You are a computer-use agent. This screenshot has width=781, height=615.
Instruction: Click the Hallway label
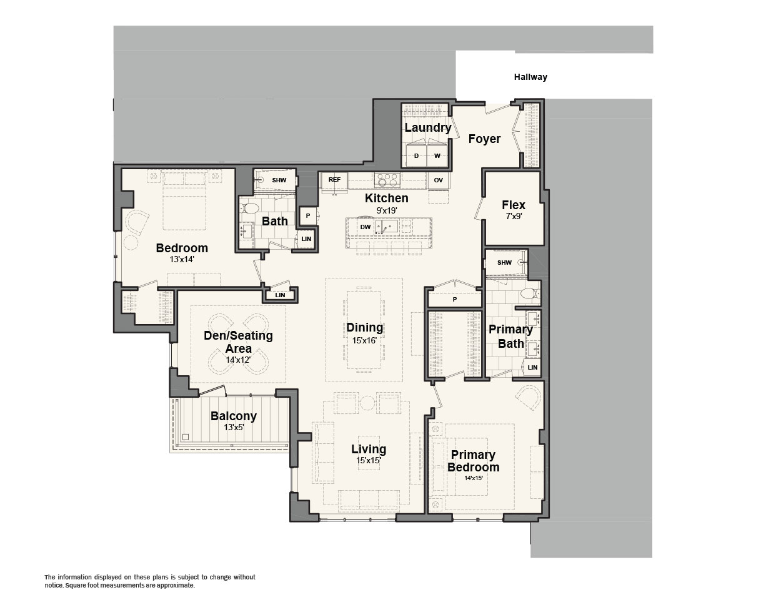pos(530,77)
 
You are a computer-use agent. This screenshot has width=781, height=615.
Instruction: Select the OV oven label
pos(438,180)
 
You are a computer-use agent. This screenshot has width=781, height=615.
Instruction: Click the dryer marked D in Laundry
pos(416,155)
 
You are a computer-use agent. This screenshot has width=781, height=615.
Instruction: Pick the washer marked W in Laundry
pos(437,155)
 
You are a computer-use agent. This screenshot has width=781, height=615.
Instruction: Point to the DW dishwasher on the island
pos(365,227)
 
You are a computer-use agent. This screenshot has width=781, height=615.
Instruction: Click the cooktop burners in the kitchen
pos(387,179)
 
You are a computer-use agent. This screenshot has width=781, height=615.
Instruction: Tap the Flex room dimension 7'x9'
pos(514,217)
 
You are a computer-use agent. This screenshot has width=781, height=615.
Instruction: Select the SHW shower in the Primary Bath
pos(506,262)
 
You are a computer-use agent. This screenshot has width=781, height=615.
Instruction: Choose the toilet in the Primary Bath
pos(530,293)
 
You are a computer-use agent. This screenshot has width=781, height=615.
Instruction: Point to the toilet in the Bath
pos(250,208)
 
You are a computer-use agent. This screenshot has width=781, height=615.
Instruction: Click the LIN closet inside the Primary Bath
pos(532,367)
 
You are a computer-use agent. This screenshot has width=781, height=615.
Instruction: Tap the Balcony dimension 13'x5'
pos(233,427)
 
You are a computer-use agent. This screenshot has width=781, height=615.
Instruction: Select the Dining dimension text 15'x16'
pos(364,340)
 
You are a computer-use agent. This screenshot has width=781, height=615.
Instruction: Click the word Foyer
pos(484,139)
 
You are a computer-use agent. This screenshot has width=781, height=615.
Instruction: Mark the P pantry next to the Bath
pos(308,216)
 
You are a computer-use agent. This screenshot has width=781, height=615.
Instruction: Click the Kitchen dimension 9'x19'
pos(387,210)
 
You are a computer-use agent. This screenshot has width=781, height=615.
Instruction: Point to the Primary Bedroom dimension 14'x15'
pos(473,478)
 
